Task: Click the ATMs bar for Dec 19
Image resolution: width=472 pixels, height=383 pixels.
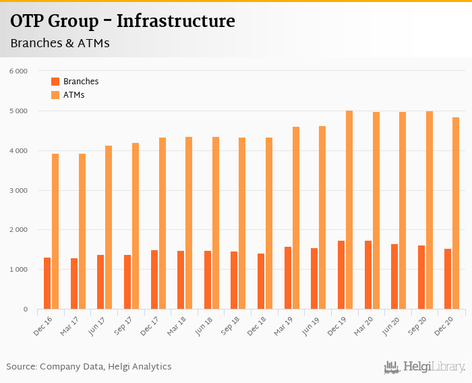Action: point(349,210)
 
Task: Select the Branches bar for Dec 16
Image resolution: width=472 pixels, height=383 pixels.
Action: point(47,283)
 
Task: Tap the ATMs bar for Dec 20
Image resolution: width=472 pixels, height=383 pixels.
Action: point(456,213)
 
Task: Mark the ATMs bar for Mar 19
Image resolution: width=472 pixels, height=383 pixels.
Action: point(296,218)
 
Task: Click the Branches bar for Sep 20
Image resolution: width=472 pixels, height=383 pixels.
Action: point(421,277)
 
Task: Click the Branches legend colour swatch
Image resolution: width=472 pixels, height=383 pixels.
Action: point(55,82)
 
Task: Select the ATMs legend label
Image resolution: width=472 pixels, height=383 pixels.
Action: point(73,95)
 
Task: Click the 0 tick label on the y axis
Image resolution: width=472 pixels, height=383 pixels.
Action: point(25,310)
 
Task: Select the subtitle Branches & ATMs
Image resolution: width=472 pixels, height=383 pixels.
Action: point(59,43)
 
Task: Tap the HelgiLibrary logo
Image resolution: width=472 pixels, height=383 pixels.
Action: point(424,367)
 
